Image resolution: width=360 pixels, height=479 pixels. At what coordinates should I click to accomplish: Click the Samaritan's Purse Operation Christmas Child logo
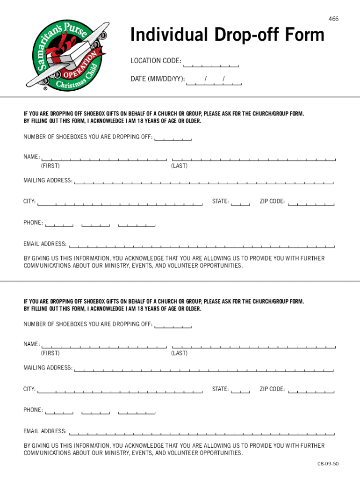pos(66,52)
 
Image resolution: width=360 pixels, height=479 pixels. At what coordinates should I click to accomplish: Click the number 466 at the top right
pos(333,19)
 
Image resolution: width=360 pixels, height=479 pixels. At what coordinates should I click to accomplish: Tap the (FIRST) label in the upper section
pos(50,166)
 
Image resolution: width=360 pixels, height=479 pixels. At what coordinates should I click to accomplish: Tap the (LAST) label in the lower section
pos(179,353)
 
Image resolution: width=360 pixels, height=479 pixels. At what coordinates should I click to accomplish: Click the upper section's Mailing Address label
pos(48,181)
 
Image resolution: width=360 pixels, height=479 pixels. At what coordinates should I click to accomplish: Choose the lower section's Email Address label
pos(45,431)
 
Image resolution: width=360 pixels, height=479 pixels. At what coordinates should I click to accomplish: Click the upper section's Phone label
pos(33,222)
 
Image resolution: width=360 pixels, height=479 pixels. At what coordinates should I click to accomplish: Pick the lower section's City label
pos(30,389)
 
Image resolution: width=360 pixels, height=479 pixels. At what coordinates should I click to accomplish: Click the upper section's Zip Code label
pos(272,202)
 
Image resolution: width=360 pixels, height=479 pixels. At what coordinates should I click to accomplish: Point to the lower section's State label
pos(220,389)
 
